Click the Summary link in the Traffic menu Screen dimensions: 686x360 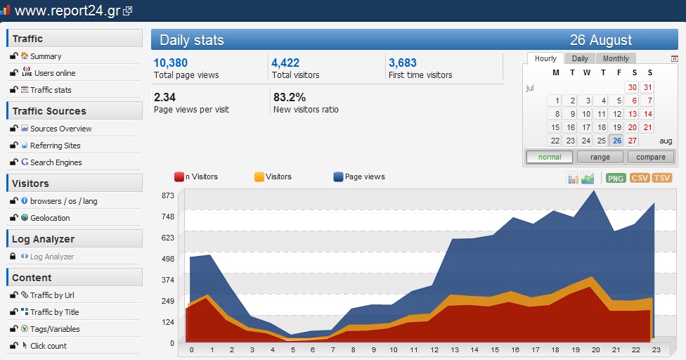point(46,56)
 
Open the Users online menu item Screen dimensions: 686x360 point(55,73)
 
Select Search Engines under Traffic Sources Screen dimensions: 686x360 point(56,162)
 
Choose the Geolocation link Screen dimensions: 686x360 point(50,218)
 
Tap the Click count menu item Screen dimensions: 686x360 point(48,346)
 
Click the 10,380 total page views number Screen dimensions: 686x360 point(171,63)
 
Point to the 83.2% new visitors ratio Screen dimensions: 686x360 point(290,97)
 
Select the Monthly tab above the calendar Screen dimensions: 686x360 point(616,58)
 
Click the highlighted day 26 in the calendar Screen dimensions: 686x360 point(617,141)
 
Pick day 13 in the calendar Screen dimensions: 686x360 point(632,114)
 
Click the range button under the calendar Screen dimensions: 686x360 point(600,157)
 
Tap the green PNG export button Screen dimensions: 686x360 point(616,178)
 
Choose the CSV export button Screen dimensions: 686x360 point(640,178)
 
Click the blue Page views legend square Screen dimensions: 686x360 point(338,176)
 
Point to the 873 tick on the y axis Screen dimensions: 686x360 point(168,195)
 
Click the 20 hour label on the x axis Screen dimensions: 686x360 point(595,350)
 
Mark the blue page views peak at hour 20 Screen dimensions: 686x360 point(594,191)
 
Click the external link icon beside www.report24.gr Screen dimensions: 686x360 point(127,11)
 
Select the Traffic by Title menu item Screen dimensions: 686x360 point(54,312)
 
